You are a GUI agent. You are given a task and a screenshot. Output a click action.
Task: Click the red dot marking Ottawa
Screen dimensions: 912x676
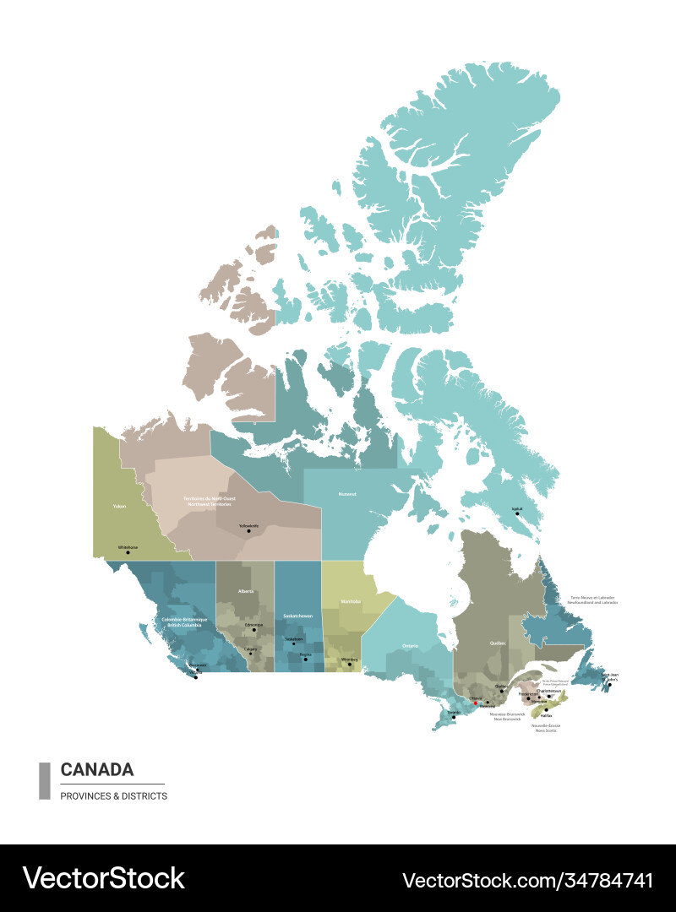coord(476,703)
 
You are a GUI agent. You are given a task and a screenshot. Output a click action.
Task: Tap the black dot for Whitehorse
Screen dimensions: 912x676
coord(128,552)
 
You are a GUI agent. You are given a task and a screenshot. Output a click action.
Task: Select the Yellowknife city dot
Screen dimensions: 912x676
coord(248,531)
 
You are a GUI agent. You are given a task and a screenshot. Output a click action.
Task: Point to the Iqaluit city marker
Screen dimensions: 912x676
coord(518,513)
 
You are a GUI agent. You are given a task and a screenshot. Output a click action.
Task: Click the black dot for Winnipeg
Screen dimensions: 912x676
coord(350,664)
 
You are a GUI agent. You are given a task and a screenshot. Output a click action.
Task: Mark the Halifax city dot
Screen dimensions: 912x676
coord(546,710)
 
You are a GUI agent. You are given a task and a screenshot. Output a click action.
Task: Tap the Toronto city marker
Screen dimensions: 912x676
coord(453,717)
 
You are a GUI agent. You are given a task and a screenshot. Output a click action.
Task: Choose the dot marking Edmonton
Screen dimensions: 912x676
coord(253,629)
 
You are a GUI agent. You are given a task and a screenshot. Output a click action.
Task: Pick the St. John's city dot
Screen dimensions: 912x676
coord(610,685)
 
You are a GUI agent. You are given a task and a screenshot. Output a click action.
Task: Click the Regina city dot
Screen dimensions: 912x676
coord(306,659)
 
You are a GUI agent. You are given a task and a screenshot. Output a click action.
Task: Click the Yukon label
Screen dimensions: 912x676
coord(119,507)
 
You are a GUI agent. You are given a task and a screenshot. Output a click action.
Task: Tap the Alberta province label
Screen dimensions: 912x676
coord(246,591)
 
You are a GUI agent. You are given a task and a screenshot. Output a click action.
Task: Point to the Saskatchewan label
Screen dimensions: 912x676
coord(297,616)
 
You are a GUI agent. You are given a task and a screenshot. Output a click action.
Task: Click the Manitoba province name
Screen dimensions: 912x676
coord(351,601)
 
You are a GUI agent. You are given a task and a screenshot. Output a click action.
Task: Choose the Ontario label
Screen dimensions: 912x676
coord(410,646)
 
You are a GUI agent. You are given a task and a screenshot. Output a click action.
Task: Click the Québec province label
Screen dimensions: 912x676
coord(498,643)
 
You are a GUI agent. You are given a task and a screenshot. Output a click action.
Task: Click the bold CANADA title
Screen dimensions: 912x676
coord(97,769)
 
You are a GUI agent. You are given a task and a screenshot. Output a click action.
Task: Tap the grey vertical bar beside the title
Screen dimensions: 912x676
coord(45,780)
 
